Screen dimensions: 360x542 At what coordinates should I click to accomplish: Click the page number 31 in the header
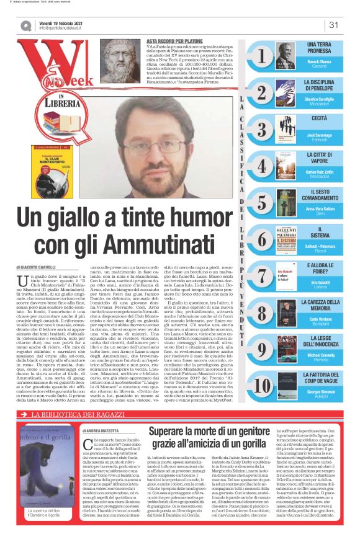pos(333,25)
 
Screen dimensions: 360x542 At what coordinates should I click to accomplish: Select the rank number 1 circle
pos(262,56)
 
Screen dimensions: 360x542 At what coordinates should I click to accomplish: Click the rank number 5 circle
pos(262,202)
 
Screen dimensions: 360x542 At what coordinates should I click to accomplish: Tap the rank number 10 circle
pos(262,384)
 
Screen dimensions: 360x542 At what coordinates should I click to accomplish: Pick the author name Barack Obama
pos(319,64)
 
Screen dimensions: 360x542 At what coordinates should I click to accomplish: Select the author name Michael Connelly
pos(319,352)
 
